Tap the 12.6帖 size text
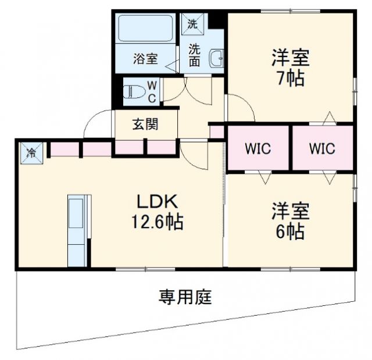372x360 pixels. tap(156, 222)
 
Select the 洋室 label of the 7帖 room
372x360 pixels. tap(289, 58)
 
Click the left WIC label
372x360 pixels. tap(257, 148)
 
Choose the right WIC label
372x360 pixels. tap(321, 148)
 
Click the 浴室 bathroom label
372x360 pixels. tap(145, 59)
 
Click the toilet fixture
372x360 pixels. tap(136, 92)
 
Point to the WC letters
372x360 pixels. tap(151, 92)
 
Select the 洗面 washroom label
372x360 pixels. tap(194, 55)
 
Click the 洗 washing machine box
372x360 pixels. tap(193, 24)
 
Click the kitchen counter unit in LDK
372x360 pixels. tap(76, 230)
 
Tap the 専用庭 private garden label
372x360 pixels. tap(185, 298)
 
